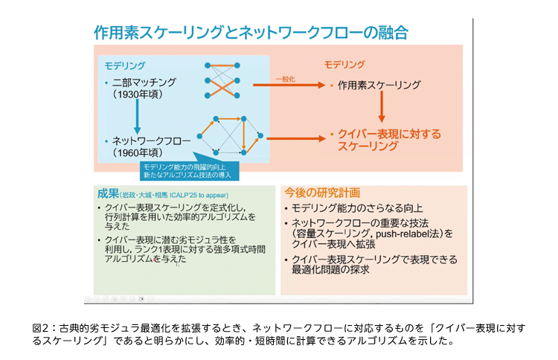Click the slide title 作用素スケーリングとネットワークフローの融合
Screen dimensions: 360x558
pyautogui.click(x=249, y=33)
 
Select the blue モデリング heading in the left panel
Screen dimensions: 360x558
pyautogui.click(x=124, y=65)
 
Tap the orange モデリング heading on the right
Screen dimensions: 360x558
pyautogui.click(x=344, y=65)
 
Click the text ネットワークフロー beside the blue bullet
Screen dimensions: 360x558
pyautogui.click(x=151, y=140)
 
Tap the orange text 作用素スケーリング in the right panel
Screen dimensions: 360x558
pyautogui.click(x=379, y=86)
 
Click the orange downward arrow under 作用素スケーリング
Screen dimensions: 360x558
pyautogui.click(x=381, y=108)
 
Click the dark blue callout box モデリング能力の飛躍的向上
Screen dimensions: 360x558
pyautogui.click(x=189, y=169)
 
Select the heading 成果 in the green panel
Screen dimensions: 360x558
pyautogui.click(x=109, y=192)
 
